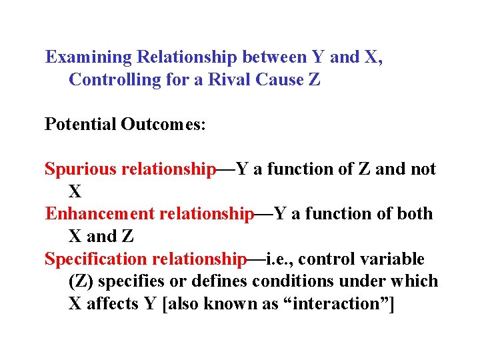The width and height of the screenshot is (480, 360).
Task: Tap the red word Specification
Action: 95,259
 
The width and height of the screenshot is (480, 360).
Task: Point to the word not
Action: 423,169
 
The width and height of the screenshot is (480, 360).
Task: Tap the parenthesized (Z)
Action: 81,281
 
